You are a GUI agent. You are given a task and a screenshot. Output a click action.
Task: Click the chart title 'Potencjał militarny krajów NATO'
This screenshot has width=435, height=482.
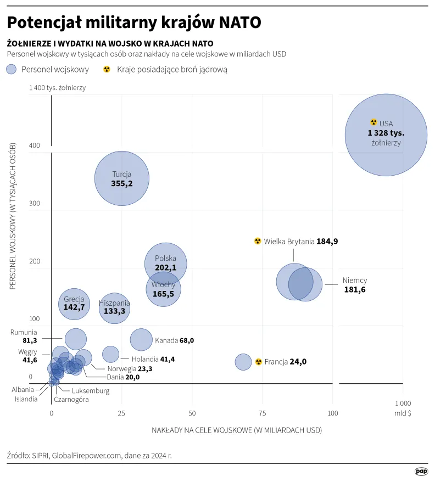click(x=133, y=23)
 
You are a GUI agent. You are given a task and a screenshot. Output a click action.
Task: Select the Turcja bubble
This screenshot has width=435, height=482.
click(x=122, y=178)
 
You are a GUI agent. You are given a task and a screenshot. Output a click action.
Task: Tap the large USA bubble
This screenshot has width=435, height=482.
click(x=386, y=134)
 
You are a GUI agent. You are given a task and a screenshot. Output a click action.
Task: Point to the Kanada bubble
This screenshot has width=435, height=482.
click(x=141, y=340)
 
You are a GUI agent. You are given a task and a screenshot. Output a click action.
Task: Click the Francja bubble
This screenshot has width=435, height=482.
click(x=243, y=362)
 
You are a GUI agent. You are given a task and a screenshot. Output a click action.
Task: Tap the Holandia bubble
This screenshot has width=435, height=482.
click(x=110, y=354)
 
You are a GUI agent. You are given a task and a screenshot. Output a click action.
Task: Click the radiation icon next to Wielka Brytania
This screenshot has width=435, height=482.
click(x=258, y=241)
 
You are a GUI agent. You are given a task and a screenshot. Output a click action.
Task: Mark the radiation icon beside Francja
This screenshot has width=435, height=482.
click(x=258, y=362)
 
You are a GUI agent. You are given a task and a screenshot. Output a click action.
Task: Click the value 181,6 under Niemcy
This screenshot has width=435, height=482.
click(x=354, y=290)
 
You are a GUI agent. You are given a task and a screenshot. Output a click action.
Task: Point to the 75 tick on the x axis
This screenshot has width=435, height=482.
click(x=262, y=413)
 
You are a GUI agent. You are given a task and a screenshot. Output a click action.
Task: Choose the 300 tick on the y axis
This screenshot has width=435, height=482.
click(x=35, y=204)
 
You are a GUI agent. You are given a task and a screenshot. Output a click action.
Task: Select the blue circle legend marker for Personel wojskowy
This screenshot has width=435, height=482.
click(x=12, y=69)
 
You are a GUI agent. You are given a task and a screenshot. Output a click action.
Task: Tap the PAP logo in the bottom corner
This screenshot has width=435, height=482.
click(x=421, y=471)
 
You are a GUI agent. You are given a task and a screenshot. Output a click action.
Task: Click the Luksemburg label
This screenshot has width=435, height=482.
click(x=91, y=391)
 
